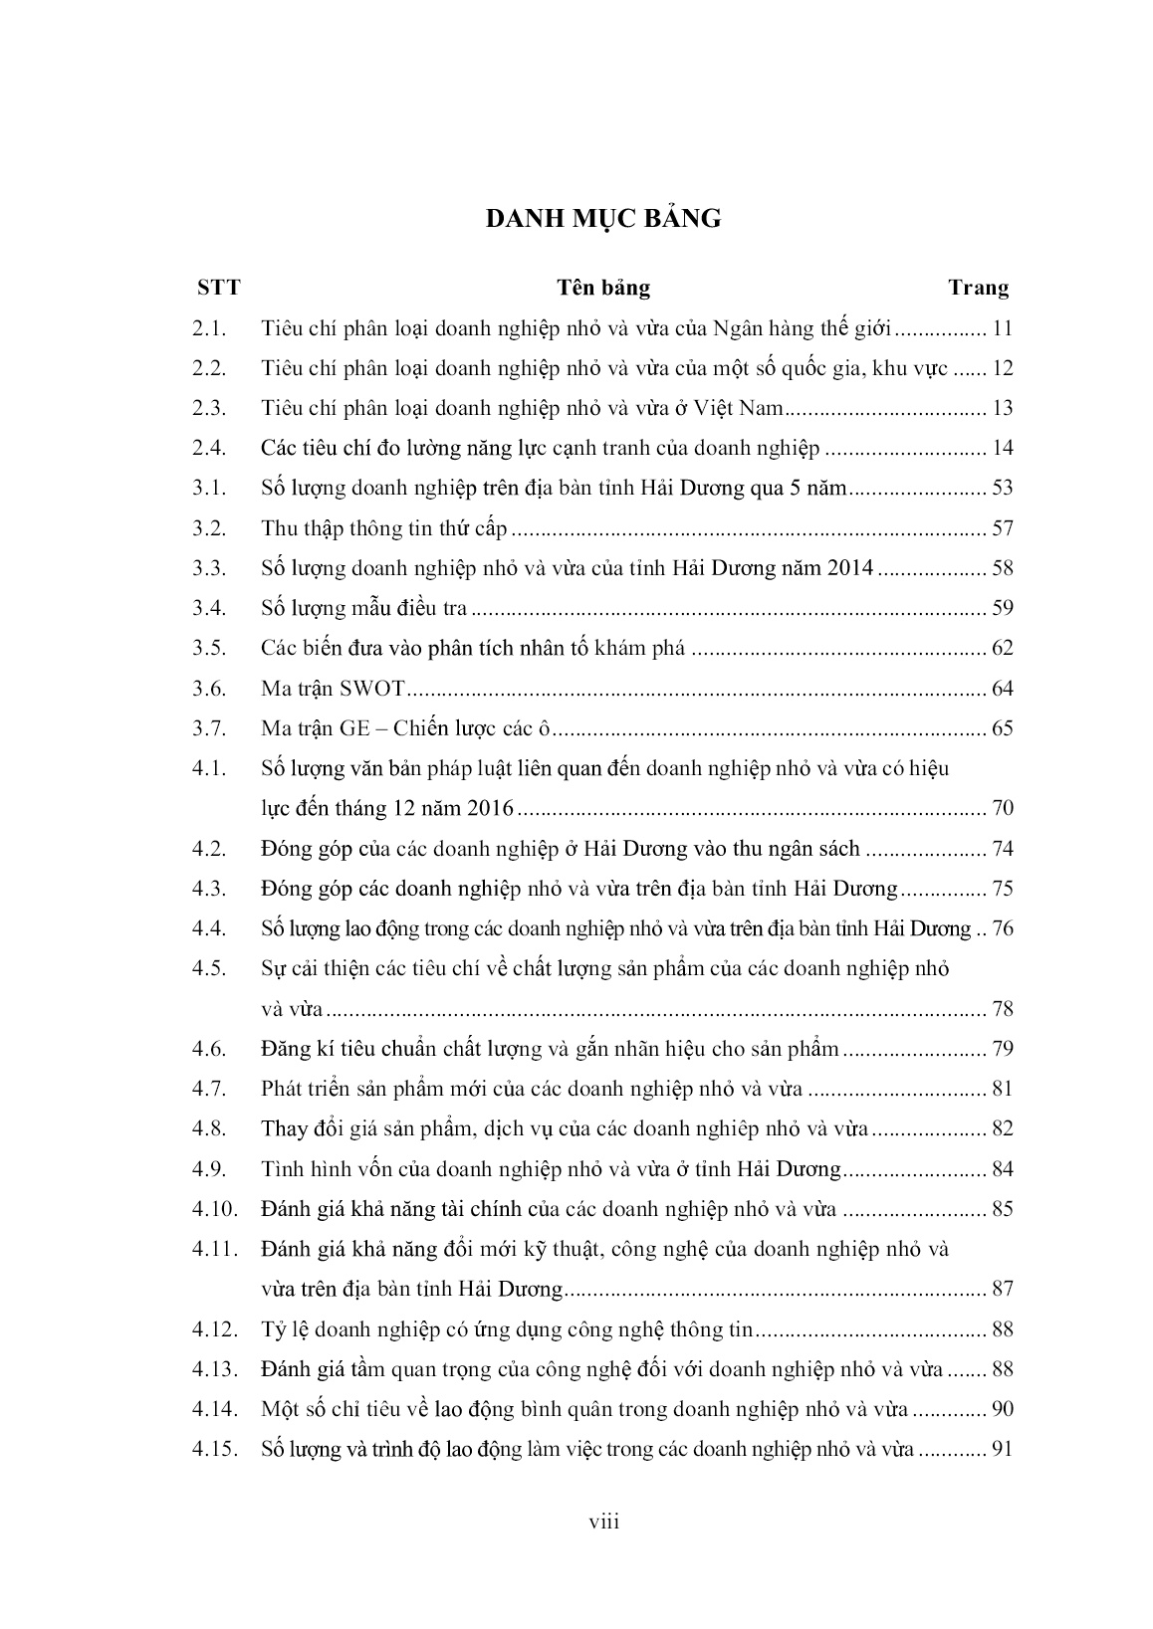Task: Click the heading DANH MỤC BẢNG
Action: pos(603,219)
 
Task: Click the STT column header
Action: pos(218,289)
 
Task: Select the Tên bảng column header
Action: pos(603,289)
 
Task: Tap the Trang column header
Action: pos(978,289)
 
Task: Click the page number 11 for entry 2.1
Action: pos(1002,328)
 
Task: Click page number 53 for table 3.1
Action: pos(1002,489)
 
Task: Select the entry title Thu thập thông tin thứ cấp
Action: pos(383,528)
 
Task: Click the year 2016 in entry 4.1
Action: pos(488,808)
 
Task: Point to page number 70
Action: pos(1002,808)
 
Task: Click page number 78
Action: pos(1002,1009)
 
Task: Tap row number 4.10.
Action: pos(214,1209)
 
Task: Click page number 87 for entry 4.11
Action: pos(1002,1290)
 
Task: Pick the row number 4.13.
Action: pos(214,1369)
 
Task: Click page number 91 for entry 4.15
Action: pos(1002,1450)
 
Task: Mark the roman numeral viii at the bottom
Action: pos(603,1522)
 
